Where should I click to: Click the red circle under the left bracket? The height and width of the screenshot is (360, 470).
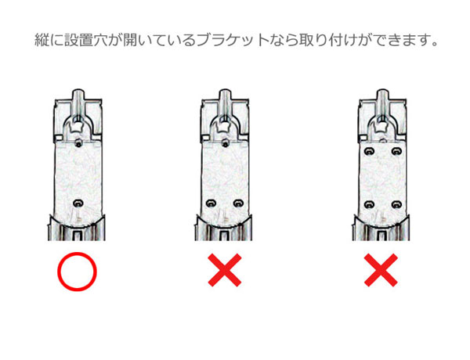tap(77, 275)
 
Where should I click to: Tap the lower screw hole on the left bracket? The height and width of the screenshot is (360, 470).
tap(77, 203)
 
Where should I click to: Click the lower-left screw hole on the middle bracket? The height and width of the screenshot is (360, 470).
tap(212, 203)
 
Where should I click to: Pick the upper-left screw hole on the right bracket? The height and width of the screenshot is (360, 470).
tap(367, 149)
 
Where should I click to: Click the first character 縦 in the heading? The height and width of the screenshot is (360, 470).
tap(41, 39)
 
